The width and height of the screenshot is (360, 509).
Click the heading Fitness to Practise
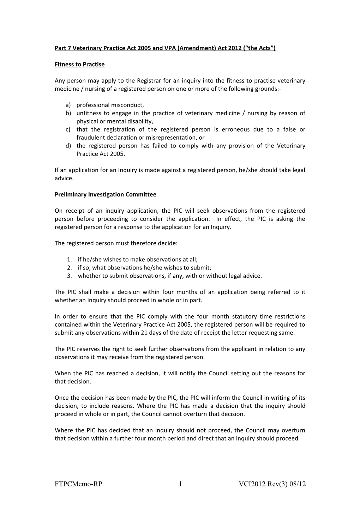tap(79, 65)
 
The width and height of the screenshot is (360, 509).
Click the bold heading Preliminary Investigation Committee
tap(105, 194)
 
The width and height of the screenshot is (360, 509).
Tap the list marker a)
tap(68, 105)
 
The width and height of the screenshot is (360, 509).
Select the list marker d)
tap(68, 146)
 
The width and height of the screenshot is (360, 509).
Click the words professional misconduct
tap(110, 105)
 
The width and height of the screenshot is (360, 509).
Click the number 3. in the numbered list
tap(70, 276)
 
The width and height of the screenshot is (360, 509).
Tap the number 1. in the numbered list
tap(70, 260)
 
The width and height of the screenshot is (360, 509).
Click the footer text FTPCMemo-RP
tap(78, 484)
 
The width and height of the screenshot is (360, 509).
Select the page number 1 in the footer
tap(180, 484)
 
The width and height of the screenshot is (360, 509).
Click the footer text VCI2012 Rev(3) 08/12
tap(272, 484)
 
